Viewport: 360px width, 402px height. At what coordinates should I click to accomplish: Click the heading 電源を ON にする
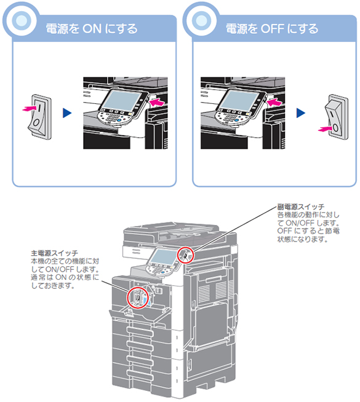pos(92,28)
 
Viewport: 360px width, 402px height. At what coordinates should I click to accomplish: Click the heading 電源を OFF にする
pos(272,28)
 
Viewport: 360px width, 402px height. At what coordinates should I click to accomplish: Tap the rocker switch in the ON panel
pos(40,117)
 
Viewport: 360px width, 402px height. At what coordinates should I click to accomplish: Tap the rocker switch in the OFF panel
pos(336,117)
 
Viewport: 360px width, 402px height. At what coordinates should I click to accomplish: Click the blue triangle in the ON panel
pos(67,113)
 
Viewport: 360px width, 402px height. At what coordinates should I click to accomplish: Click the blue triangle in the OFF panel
pos(301,113)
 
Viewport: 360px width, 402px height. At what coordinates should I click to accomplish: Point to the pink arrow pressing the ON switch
pos(30,108)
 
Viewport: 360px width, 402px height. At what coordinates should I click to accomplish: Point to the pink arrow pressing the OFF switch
pos(326,129)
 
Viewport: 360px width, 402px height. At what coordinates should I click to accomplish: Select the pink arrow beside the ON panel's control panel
pos(157,103)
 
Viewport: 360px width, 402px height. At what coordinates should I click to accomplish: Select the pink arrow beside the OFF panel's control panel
pos(274,103)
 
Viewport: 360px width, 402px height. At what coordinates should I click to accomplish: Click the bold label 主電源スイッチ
pos(54,253)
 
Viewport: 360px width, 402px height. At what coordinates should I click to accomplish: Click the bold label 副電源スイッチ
pos(301,207)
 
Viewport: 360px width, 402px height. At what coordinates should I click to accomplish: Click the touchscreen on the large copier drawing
pos(162,257)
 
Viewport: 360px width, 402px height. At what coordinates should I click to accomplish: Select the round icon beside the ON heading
pos(22,20)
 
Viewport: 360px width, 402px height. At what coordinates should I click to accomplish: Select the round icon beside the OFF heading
pos(201,20)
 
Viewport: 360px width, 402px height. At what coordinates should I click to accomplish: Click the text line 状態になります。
pos(302,240)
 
